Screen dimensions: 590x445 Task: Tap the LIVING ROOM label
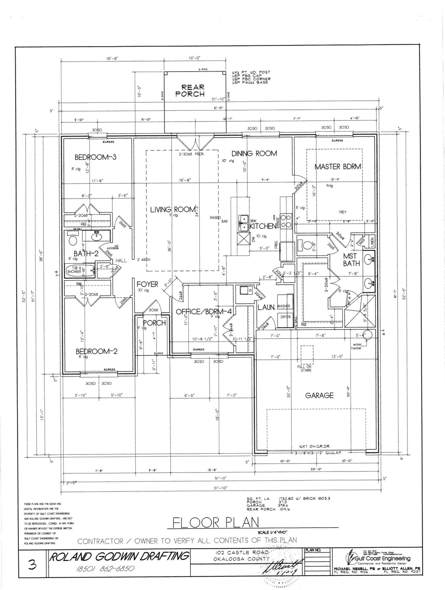click(x=173, y=209)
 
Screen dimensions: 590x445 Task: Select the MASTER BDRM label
click(x=338, y=167)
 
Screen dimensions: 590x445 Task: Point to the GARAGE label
click(x=319, y=395)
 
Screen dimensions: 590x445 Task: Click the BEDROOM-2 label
click(x=96, y=351)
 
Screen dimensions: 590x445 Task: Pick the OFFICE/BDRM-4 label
click(x=204, y=312)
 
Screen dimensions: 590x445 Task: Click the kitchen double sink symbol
click(x=244, y=223)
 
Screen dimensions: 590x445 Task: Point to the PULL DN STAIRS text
click(x=306, y=368)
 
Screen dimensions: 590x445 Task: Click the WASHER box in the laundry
click(x=284, y=306)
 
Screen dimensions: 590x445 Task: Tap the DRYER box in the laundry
click(x=285, y=317)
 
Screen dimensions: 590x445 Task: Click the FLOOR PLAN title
click(x=216, y=523)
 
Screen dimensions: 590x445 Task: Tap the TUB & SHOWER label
click(x=74, y=270)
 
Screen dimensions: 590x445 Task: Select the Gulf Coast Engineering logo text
click(x=381, y=558)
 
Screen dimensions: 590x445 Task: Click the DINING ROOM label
click(x=254, y=153)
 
